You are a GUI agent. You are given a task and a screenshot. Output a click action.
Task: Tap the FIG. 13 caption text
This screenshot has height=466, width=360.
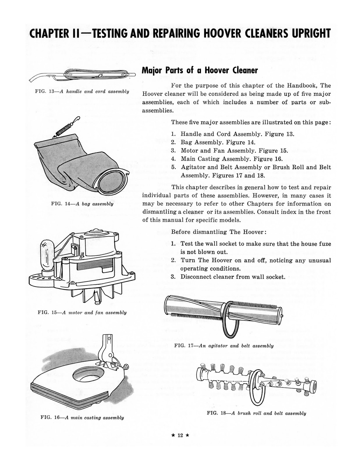[82, 91]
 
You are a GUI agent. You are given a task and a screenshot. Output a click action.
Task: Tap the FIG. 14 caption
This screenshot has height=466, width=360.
[82, 204]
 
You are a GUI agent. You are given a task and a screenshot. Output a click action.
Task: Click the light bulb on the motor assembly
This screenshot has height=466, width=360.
[47, 254]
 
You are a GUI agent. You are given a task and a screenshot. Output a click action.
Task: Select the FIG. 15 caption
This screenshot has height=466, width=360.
[82, 313]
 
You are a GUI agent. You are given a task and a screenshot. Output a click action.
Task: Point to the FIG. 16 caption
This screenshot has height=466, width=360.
[82, 418]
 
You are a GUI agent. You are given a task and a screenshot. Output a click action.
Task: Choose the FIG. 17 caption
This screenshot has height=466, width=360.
[224, 346]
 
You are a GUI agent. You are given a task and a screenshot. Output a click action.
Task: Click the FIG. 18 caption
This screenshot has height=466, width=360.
[256, 413]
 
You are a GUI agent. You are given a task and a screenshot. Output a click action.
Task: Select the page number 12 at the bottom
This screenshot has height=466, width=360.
[180, 435]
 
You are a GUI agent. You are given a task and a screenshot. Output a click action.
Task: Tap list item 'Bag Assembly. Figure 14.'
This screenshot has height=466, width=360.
[218, 142]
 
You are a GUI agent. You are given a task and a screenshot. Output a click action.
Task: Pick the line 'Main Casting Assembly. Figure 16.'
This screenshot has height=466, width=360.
[231, 159]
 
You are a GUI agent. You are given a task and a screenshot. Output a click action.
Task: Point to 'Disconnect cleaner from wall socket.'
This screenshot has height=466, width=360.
[233, 277]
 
